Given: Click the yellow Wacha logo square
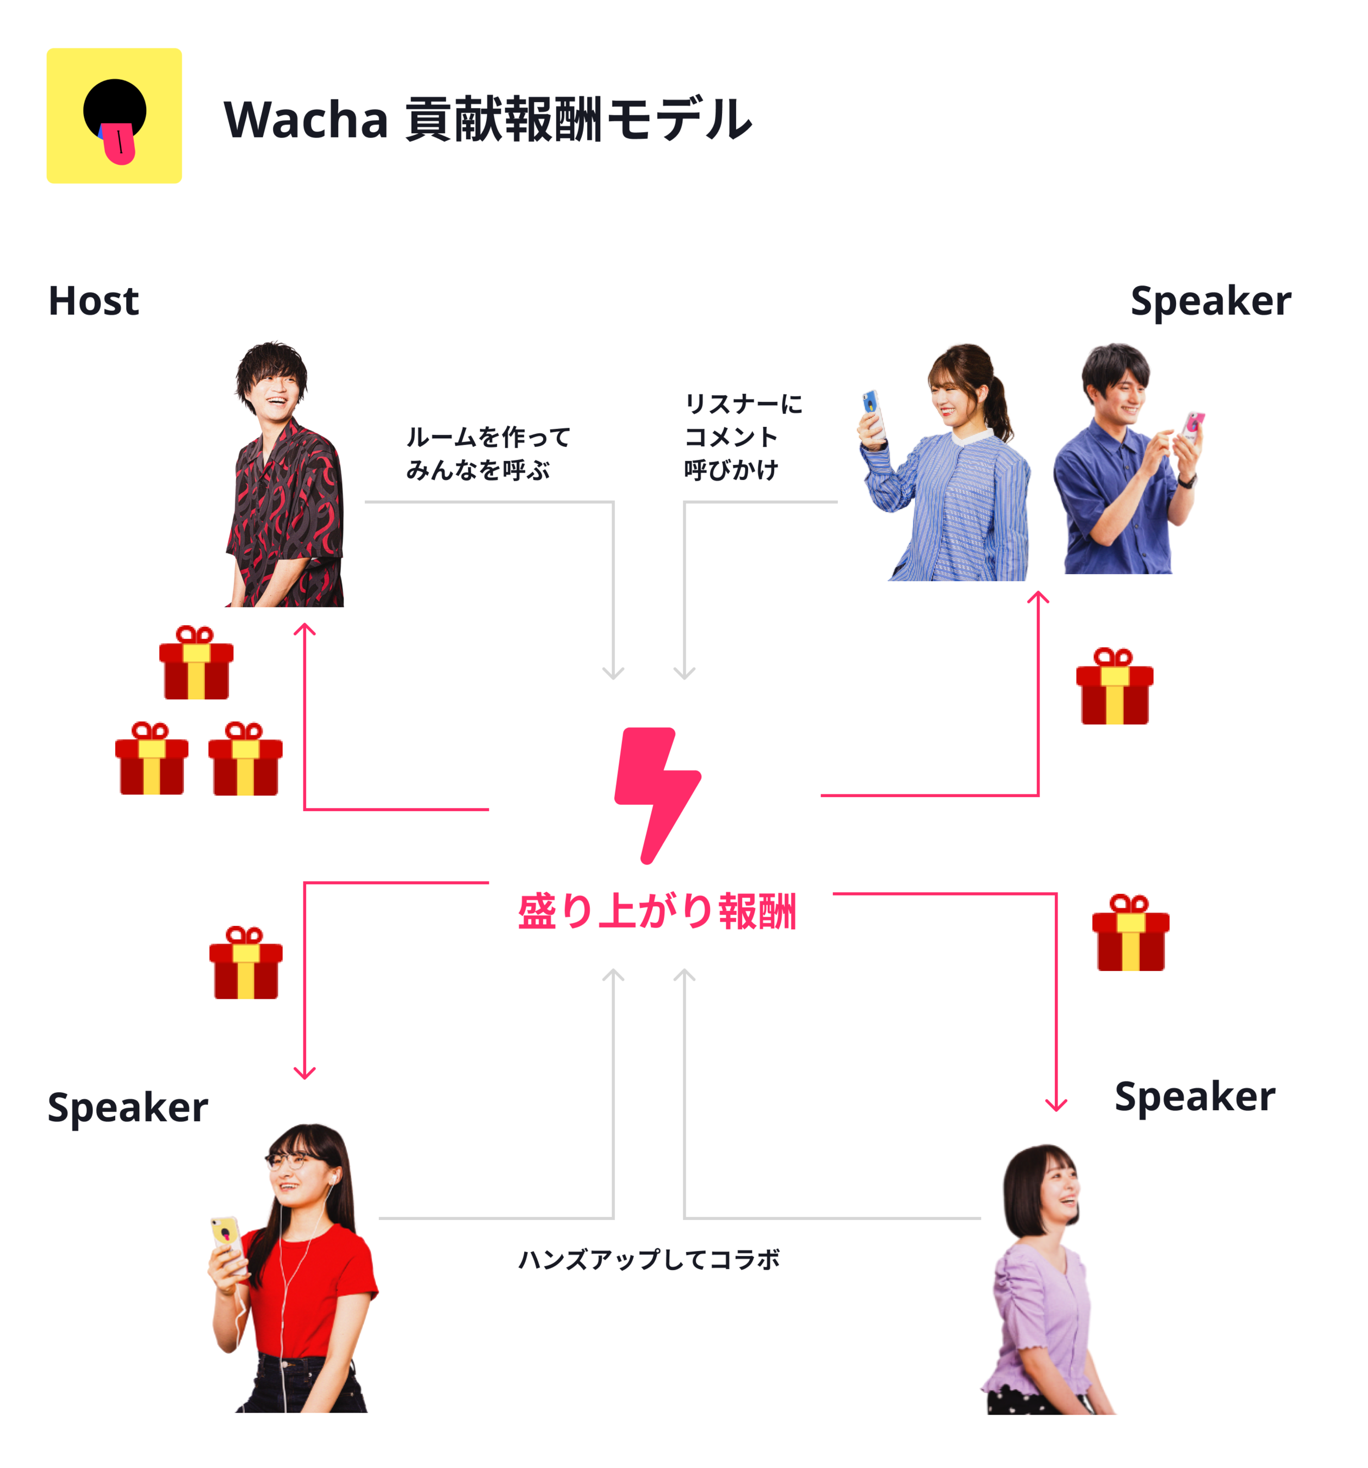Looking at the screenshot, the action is [114, 115].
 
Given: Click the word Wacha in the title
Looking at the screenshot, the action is [305, 120].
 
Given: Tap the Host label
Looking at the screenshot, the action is [93, 301].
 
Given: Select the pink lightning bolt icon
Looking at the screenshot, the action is [656, 794].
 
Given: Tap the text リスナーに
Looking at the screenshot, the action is [743, 404].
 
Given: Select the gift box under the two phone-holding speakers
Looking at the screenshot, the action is [1114, 686].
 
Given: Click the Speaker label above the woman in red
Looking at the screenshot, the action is [128, 1108].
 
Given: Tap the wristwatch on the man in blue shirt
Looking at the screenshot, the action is [1186, 481].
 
